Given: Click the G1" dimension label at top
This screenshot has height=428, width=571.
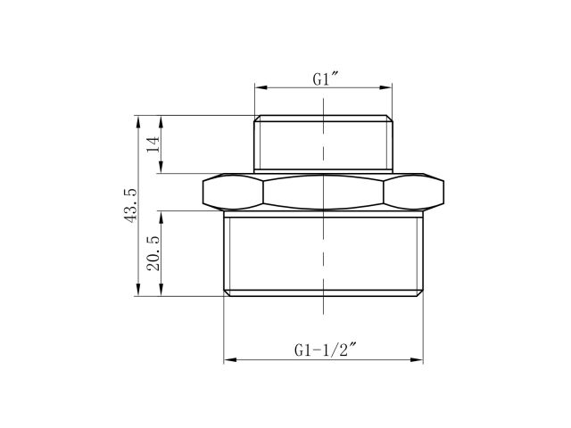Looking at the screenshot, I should (322, 78).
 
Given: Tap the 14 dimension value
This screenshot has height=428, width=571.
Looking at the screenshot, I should (153, 144).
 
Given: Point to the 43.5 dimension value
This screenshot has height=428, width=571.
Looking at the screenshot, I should (131, 205).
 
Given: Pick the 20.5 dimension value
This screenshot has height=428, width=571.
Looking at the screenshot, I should (153, 253).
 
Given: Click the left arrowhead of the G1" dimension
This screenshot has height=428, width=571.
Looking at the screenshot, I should (258, 87).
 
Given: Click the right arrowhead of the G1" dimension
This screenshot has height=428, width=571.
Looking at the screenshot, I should (389, 87).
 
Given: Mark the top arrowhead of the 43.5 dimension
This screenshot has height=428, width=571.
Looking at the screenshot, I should (138, 118).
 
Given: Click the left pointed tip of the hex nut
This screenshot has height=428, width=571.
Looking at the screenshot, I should (203, 191).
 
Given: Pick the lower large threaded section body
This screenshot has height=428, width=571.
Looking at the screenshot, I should (323, 254).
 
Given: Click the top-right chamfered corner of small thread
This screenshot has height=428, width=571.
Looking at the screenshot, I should (390, 118).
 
